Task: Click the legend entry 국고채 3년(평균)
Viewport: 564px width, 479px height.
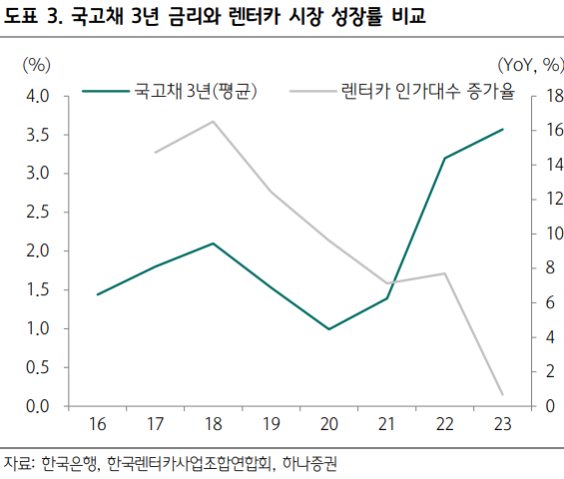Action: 170,92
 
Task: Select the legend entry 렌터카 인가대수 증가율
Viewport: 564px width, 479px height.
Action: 402,92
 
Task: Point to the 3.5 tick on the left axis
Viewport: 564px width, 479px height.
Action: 37,135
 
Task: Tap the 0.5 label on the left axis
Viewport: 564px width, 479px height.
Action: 37,367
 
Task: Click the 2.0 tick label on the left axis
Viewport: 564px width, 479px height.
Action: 37,251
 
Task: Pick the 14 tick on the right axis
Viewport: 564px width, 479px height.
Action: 554,165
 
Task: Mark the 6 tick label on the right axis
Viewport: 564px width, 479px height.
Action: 550,302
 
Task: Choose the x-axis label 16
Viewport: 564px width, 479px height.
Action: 98,424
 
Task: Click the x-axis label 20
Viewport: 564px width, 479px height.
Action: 329,424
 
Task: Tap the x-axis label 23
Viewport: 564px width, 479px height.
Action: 503,424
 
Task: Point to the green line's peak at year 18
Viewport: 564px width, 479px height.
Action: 214,243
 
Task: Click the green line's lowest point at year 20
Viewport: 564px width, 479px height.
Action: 329,329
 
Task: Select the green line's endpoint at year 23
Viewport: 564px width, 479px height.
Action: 503,129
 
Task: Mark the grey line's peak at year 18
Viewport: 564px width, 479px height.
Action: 214,121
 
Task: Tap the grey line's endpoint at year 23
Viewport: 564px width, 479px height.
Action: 503,395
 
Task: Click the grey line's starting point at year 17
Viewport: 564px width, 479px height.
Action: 156,153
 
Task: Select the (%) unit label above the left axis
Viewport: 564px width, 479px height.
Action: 36,66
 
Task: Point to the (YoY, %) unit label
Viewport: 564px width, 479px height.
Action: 531,66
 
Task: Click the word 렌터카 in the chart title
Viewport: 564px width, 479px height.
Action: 255,16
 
